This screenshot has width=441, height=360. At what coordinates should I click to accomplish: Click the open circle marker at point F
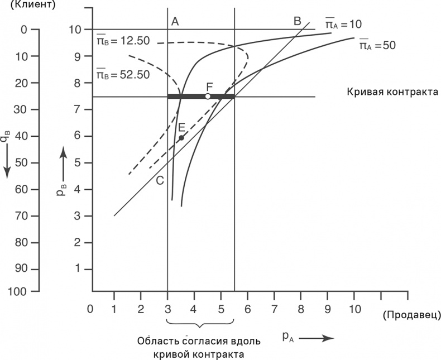(208, 97)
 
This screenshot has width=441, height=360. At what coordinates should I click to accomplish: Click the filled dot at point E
(181, 137)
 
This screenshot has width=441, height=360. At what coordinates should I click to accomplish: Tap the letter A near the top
(175, 21)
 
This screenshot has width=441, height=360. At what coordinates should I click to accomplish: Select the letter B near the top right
(297, 21)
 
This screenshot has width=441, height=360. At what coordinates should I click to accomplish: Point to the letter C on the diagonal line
(160, 180)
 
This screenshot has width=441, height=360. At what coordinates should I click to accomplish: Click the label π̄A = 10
(344, 24)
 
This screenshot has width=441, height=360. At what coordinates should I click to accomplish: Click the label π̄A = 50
(377, 45)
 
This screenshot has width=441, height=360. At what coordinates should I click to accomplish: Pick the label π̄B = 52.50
(122, 74)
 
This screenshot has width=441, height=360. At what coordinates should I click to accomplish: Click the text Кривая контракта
(390, 92)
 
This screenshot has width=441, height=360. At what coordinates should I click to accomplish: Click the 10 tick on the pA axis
(354, 308)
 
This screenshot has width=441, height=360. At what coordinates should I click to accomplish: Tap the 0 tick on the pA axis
(89, 308)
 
